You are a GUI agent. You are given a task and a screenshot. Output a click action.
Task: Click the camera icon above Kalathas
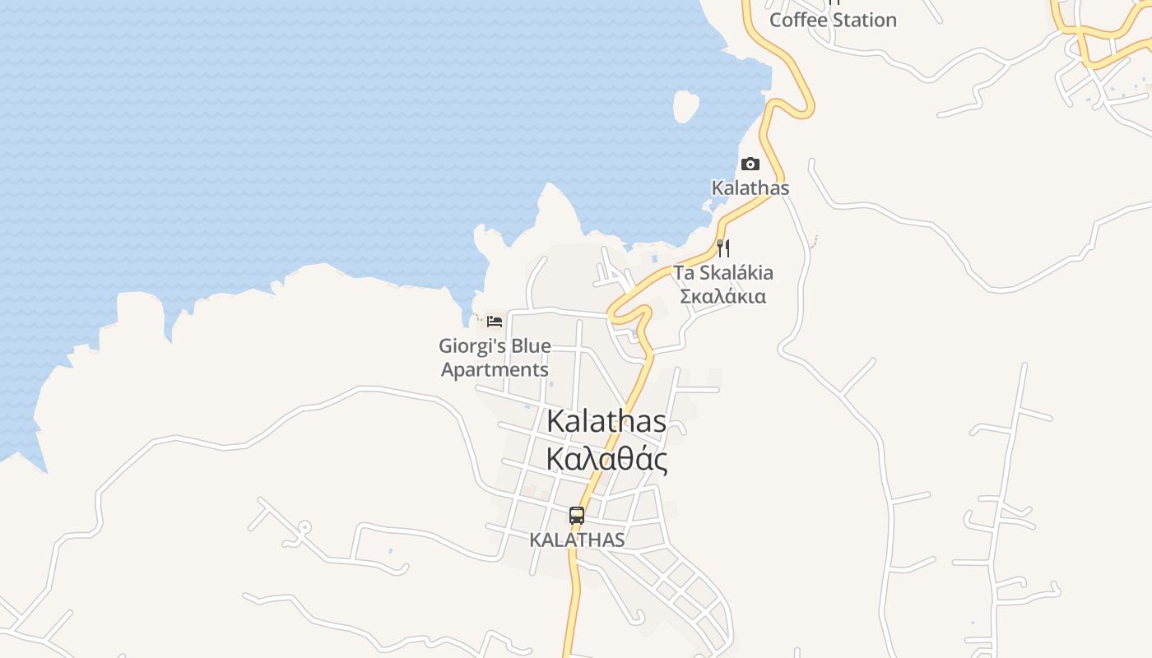[x=750, y=164]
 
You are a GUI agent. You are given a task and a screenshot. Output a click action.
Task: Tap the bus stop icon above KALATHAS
[x=577, y=516]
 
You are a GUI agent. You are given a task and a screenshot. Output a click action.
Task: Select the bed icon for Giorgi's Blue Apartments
[x=495, y=321]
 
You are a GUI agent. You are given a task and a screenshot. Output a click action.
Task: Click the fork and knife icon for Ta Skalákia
[x=723, y=248]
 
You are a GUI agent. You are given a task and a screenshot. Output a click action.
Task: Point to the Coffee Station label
[x=833, y=20]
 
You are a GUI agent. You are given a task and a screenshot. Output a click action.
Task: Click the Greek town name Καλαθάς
[x=606, y=460]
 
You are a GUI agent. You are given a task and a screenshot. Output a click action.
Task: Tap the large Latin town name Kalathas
[x=606, y=421]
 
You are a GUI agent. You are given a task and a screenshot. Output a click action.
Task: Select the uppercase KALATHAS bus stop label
[x=577, y=540]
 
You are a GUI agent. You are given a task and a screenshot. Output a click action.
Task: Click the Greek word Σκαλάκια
[x=723, y=296]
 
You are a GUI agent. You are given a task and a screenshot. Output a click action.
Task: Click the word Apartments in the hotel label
[x=495, y=369]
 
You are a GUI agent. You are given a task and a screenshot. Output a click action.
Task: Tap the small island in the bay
[x=685, y=105]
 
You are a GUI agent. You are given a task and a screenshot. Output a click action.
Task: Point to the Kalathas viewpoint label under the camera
[x=750, y=188]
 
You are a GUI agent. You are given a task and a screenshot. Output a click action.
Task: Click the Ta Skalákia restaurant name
[x=723, y=272]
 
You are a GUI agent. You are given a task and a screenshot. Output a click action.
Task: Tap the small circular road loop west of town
[x=304, y=526]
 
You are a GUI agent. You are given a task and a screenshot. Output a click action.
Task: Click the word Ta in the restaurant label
[x=684, y=272]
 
